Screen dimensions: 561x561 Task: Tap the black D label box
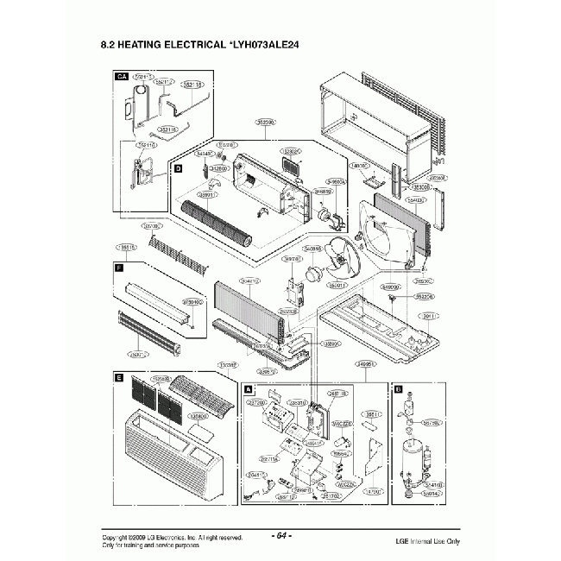point(178,170)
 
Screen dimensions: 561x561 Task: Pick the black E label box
point(118,377)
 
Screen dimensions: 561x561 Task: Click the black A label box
point(249,389)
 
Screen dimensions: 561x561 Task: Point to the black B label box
point(397,389)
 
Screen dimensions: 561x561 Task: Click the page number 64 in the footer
point(281,536)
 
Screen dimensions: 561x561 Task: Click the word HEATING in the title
point(147,43)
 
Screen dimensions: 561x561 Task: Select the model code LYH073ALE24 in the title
point(264,43)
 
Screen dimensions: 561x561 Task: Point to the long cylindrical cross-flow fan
point(217,222)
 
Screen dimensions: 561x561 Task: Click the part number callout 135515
point(125,248)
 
